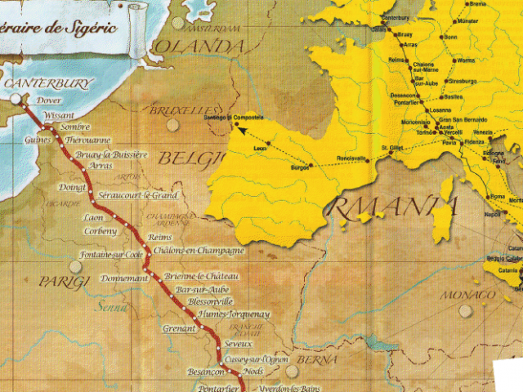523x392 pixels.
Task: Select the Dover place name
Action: (50, 100)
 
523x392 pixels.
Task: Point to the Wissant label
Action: (57, 115)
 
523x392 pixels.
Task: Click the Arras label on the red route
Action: (99, 165)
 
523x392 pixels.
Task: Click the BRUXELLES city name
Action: (181, 109)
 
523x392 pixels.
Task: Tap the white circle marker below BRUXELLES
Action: (172, 125)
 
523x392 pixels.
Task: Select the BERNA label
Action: (315, 360)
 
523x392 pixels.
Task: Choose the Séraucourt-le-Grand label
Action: (136, 196)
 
